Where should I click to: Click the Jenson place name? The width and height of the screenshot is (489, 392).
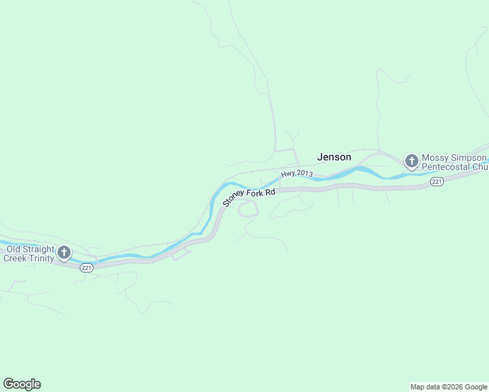[x=334, y=157]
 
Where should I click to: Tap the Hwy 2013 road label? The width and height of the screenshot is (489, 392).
[x=297, y=174]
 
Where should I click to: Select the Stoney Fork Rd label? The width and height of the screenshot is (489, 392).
[x=248, y=195]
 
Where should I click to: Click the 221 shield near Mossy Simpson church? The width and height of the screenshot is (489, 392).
[x=437, y=181]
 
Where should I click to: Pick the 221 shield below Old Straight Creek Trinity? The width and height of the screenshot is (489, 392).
[x=87, y=267]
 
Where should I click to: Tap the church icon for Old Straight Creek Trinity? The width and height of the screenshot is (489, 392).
[x=64, y=252]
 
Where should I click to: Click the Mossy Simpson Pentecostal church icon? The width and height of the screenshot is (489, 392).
[x=411, y=161]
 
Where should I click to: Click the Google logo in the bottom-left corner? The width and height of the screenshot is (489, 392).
[x=22, y=384]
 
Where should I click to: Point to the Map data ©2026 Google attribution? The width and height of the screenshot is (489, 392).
[x=449, y=387]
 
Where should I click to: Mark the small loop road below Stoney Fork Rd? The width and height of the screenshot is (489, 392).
[x=248, y=209]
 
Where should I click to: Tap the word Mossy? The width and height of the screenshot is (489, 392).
[x=435, y=158]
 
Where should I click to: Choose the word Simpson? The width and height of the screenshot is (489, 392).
[x=469, y=158]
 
